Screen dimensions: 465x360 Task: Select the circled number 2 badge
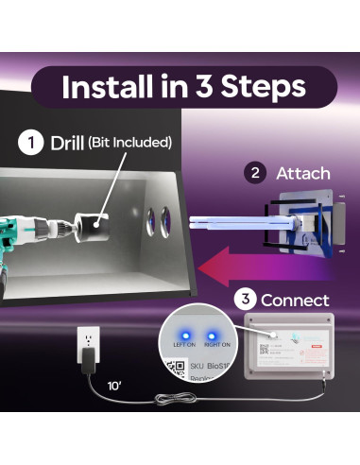point(253,173)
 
